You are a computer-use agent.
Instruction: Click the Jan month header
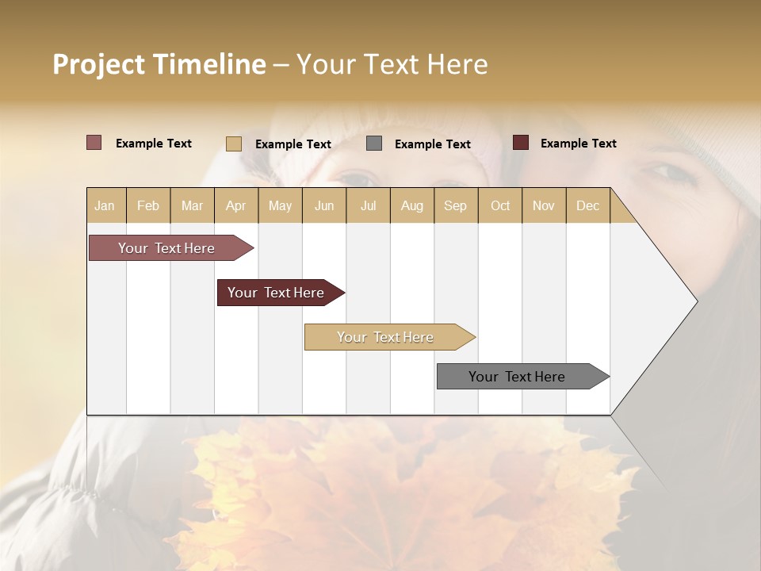105,205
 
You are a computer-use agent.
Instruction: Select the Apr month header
236,205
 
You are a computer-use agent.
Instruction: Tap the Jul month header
368,205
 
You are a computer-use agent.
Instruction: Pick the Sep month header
456,205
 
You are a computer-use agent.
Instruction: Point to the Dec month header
587,205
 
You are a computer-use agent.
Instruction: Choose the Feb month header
148,205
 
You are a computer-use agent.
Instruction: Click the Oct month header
500,205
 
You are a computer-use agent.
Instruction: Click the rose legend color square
94,143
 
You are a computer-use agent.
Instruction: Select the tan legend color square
234,144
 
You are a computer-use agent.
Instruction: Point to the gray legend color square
374,144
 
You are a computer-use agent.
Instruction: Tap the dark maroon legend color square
521,143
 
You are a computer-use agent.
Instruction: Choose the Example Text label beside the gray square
432,144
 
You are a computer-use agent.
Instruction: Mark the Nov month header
544,205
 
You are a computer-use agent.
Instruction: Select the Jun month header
324,205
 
